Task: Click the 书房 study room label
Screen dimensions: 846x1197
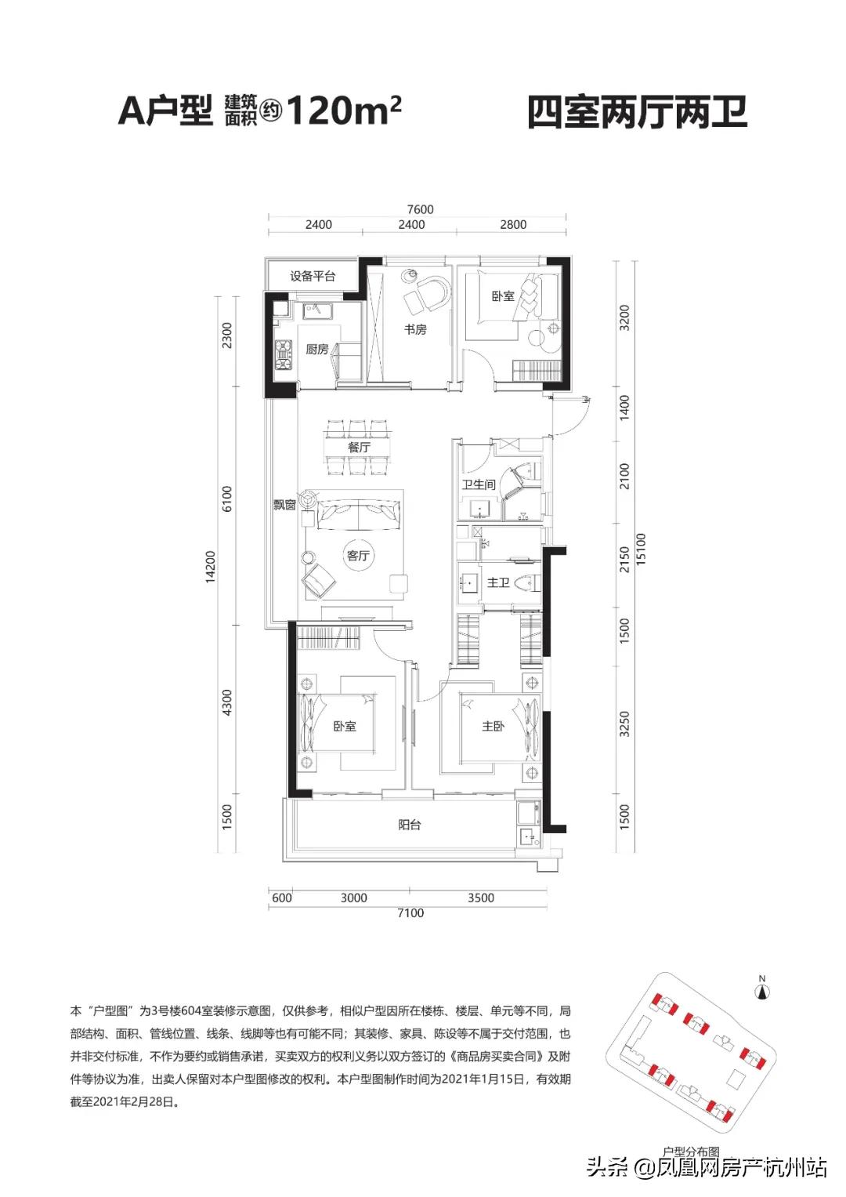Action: [415, 329]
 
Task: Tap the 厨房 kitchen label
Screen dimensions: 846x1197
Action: [316, 350]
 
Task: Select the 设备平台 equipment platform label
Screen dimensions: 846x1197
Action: [313, 276]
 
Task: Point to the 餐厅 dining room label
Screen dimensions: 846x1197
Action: [359, 447]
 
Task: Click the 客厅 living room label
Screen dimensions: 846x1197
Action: [358, 556]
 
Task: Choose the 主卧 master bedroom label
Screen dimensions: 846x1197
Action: [493, 726]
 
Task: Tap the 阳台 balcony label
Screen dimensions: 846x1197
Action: [410, 825]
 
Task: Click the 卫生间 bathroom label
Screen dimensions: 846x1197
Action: [479, 484]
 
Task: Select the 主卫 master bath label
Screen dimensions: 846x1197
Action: [497, 582]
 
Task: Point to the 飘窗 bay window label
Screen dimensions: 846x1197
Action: [284, 505]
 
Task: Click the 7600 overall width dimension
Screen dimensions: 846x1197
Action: [420, 209]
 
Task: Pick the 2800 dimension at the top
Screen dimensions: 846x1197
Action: [513, 224]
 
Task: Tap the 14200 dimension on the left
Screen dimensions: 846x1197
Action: [211, 567]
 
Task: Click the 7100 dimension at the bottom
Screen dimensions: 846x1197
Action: [410, 912]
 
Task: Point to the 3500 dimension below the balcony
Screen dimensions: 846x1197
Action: [481, 898]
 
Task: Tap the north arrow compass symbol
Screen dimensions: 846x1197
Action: [762, 992]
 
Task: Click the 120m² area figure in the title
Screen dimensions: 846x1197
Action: [344, 111]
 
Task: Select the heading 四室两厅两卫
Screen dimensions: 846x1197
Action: [637, 112]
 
